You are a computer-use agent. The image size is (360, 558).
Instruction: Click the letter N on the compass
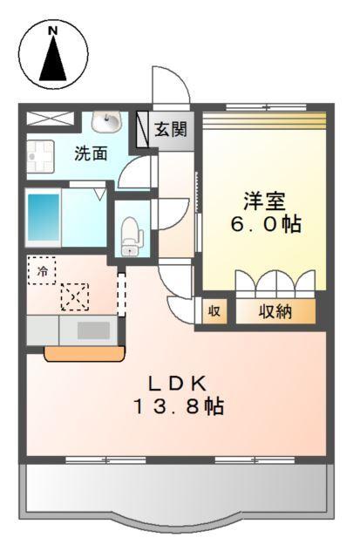pos(53,30)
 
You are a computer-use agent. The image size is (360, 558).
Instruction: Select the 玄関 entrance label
pos(170,131)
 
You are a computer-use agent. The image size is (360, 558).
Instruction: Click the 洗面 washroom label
pos(91,154)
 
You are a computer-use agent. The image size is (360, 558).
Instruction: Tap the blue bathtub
pos(42,219)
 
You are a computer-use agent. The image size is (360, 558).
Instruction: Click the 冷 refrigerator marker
pos(40,271)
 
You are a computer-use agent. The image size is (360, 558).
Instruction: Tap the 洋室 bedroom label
pos(264,200)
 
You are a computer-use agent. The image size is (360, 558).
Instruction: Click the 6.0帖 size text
pos(267,224)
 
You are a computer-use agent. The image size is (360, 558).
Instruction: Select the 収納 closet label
pos(275,311)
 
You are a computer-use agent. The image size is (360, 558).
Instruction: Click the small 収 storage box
pos(214,311)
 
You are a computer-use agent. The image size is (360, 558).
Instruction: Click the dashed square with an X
pos(74,297)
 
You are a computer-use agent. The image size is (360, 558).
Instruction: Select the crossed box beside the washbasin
pos(41,119)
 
